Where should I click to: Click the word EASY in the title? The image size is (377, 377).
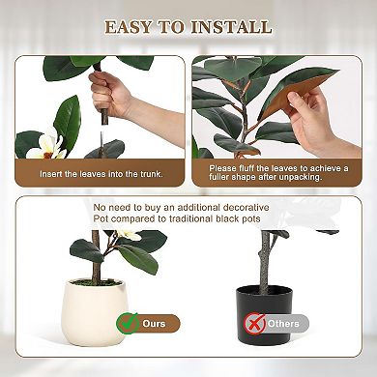134,27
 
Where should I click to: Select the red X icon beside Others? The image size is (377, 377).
254,322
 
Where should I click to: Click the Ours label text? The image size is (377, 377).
155,322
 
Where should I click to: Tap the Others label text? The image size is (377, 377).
284,322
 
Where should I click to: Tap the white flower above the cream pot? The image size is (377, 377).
129,235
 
